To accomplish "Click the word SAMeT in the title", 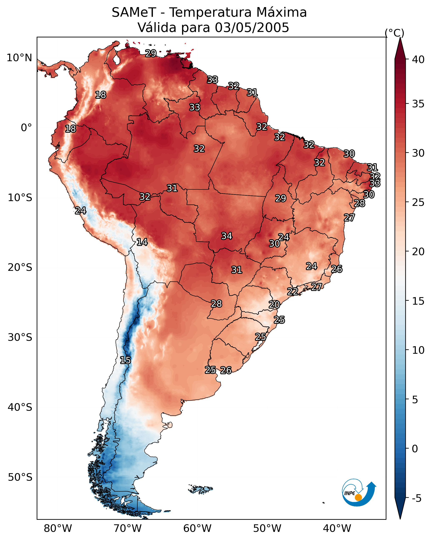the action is [x=134, y=13].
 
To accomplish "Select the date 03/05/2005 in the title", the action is [x=252, y=28].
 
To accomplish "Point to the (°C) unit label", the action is [x=394, y=33].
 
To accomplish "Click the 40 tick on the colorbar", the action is [x=418, y=60].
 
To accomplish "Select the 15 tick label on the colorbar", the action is [x=418, y=301].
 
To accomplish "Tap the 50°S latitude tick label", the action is [x=20, y=477].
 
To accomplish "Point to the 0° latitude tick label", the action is [x=26, y=128].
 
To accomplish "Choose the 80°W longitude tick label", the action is [x=58, y=529].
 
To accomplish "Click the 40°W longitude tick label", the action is [x=337, y=529].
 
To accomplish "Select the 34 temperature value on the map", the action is [x=227, y=236].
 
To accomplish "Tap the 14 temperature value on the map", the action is [x=142, y=242].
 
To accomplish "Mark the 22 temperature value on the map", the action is [x=292, y=292].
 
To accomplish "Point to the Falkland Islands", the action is [x=200, y=489].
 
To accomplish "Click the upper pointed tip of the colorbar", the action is [x=400, y=38].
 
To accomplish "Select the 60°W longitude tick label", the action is [x=197, y=529].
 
